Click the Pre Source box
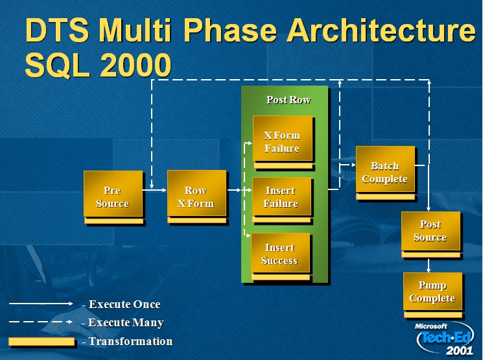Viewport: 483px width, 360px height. (x=113, y=194)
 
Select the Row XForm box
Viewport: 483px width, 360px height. (x=197, y=193)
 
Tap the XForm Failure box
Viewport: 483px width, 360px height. (x=283, y=138)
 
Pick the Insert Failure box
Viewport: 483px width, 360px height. (x=281, y=197)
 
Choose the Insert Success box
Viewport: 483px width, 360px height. (x=281, y=253)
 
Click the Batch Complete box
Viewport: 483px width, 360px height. (x=385, y=169)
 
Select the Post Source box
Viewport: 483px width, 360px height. (x=430, y=231)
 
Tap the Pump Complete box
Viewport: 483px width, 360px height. (x=433, y=291)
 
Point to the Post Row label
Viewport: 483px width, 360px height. (x=289, y=99)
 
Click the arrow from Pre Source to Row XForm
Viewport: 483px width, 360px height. (x=154, y=190)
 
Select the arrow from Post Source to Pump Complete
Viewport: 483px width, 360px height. (x=429, y=265)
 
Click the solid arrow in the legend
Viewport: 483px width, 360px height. (x=41, y=304)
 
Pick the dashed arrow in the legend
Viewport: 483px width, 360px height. (x=41, y=322)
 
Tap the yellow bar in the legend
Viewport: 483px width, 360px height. (x=41, y=341)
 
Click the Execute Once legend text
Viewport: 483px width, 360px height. (x=121, y=304)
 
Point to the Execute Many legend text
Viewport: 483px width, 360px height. (x=123, y=322)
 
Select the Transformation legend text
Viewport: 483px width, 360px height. (x=127, y=341)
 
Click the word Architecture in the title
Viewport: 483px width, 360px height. (x=381, y=30)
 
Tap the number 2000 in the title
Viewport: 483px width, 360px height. (x=135, y=65)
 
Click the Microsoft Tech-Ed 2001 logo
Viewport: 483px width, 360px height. (x=445, y=339)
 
